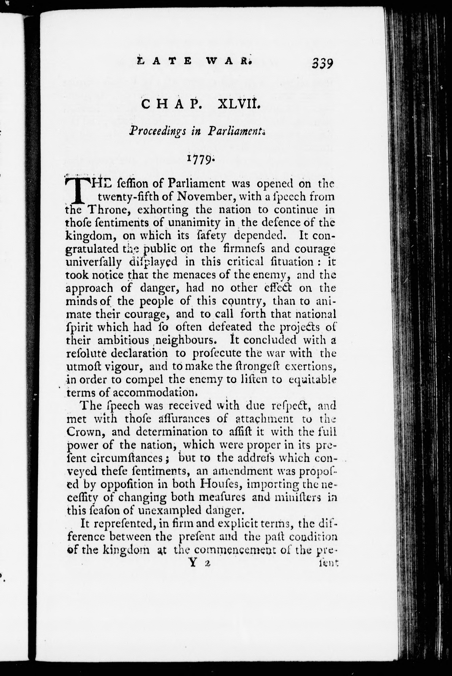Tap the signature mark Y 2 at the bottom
pos(199,564)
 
